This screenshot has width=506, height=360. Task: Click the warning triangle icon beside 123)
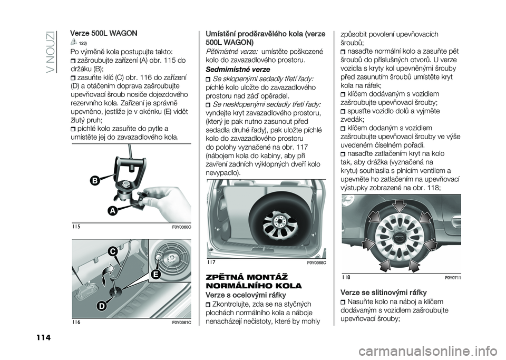(x=74, y=43)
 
